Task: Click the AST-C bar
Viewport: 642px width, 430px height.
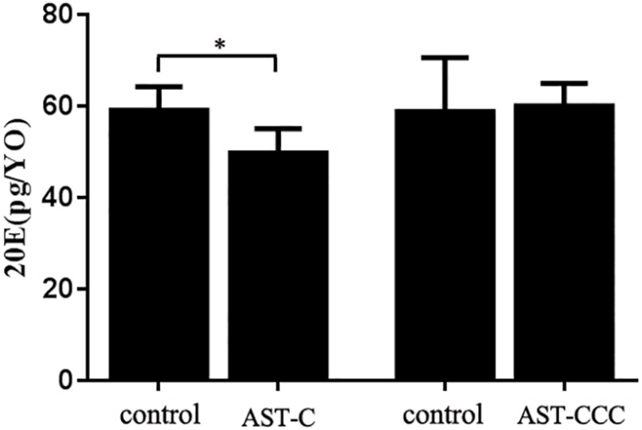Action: [278, 265]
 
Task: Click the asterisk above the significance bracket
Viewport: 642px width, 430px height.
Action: [220, 45]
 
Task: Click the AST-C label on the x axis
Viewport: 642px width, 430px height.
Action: [278, 417]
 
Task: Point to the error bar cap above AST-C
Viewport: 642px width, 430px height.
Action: [278, 129]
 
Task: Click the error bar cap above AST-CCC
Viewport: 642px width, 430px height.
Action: [564, 83]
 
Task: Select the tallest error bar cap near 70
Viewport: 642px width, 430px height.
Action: [445, 58]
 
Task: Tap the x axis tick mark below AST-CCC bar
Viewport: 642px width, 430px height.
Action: [564, 386]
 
